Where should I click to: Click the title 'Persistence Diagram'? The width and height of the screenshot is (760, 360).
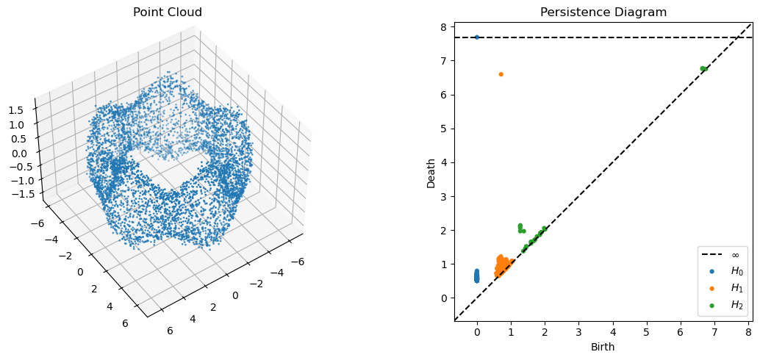(603, 12)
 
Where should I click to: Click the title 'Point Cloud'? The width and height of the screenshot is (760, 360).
(168, 12)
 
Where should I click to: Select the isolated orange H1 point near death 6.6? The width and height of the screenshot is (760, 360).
(501, 74)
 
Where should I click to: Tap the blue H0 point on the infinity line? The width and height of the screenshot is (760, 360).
(477, 37)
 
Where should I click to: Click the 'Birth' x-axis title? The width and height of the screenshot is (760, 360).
(603, 347)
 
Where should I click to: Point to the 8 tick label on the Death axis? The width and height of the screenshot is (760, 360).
(444, 26)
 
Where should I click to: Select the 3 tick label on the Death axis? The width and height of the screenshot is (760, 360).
(444, 196)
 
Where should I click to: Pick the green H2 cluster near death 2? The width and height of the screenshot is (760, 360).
(522, 228)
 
